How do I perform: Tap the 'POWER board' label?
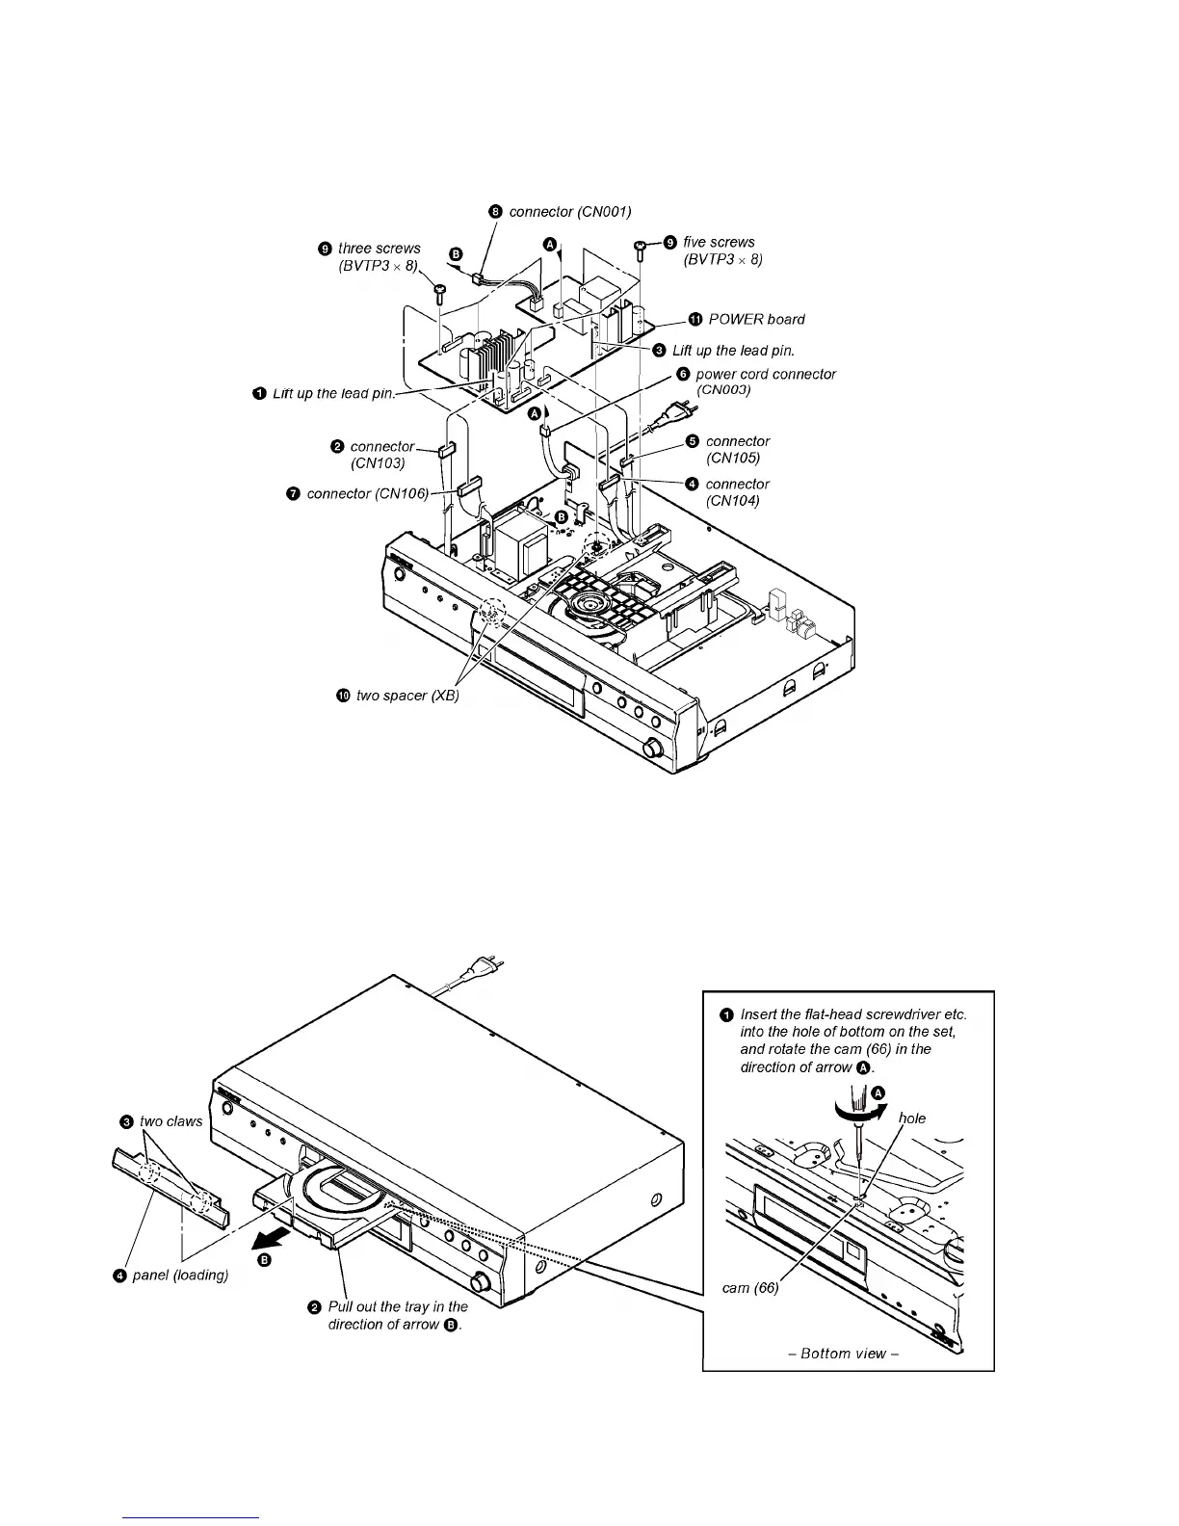coord(756,319)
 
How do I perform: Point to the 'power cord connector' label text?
coord(766,374)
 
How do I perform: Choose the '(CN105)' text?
coord(732,458)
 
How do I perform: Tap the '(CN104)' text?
coord(732,500)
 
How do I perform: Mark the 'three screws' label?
coord(379,249)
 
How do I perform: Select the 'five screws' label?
coord(719,242)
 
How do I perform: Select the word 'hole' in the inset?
coord(911,1118)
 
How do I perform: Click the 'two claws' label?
coord(170,1121)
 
